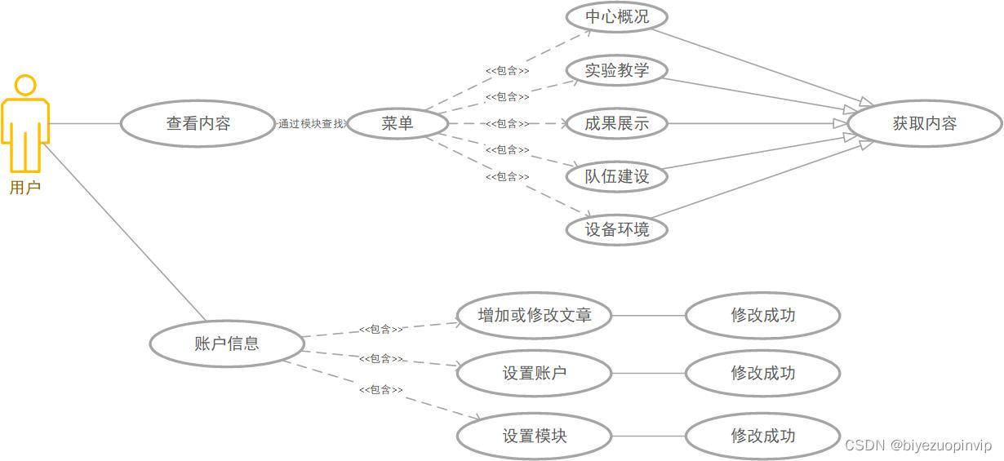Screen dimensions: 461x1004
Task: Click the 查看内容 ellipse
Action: coord(198,124)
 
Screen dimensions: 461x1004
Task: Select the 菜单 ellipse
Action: coord(398,124)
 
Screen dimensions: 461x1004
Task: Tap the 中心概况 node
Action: coord(617,16)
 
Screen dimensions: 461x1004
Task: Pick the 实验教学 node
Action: coord(617,70)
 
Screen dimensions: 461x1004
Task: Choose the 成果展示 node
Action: coord(617,124)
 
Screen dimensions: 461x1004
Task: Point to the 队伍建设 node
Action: coord(617,176)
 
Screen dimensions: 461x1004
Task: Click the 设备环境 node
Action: coord(617,229)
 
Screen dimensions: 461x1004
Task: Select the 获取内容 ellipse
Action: coord(925,124)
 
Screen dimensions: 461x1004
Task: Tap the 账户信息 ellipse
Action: coord(227,344)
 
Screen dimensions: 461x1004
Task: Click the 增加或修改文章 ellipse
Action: coord(534,315)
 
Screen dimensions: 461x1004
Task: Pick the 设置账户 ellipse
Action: coord(534,374)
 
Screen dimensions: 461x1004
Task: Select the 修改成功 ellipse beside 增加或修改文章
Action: coord(762,315)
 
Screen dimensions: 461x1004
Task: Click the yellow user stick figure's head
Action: coord(25,85)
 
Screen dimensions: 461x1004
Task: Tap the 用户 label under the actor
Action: coord(25,188)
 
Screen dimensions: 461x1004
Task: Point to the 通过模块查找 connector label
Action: coord(312,124)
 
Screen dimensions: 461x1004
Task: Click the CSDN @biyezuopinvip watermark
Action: coord(918,445)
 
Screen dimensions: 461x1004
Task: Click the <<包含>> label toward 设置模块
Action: coord(381,390)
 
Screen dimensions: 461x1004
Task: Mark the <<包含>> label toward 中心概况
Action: coord(507,71)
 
